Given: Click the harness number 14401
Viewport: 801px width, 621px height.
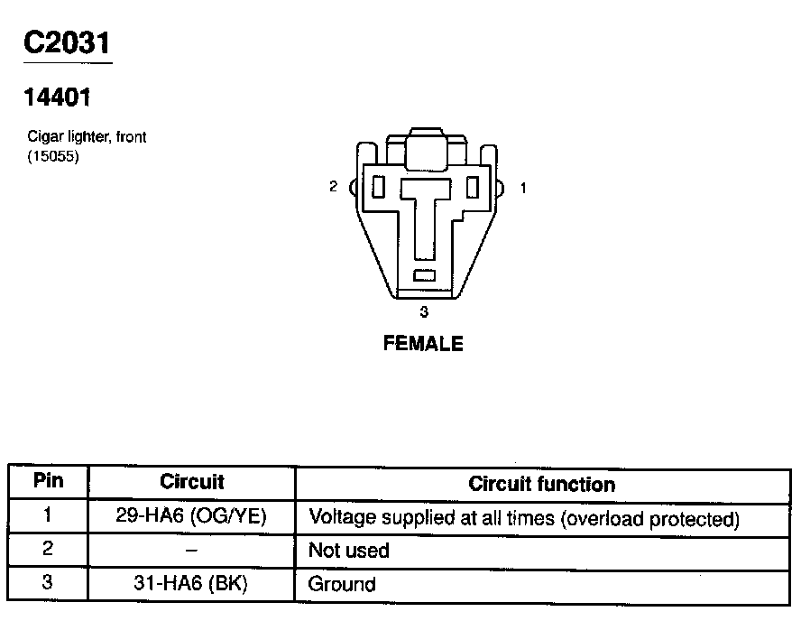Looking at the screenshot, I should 59,97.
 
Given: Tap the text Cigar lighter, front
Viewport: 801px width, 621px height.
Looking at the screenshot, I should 87,137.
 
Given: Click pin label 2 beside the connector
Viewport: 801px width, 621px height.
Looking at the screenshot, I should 334,187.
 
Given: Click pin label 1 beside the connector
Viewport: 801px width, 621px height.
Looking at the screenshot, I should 524,188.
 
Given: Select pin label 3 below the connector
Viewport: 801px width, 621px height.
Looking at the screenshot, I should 424,312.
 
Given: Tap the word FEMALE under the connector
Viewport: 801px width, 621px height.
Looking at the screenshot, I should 423,343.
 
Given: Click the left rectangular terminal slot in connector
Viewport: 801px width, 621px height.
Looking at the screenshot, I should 379,187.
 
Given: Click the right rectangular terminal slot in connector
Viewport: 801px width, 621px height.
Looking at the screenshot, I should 472,186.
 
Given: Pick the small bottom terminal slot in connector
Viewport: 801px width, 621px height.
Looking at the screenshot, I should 424,275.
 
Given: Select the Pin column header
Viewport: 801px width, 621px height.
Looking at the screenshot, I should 48,480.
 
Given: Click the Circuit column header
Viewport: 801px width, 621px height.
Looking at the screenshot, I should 191,482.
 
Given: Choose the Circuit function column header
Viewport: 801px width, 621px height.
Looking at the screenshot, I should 541,484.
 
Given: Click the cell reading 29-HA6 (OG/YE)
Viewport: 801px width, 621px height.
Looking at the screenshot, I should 191,517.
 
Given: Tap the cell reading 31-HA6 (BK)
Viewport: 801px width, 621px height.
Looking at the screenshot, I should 191,584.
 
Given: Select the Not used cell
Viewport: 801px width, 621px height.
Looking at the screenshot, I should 349,551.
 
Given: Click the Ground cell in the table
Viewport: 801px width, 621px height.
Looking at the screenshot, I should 342,584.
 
